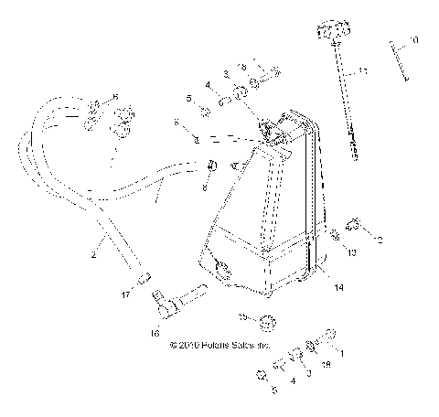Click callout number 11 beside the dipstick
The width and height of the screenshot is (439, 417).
coord(363,70)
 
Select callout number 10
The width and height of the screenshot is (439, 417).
coord(414,40)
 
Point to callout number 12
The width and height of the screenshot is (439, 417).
coord(380,240)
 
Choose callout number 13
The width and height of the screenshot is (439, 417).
coord(351,250)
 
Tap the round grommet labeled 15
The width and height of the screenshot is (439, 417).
coord(266,321)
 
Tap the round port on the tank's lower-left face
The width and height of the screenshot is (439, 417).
coord(222,267)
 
